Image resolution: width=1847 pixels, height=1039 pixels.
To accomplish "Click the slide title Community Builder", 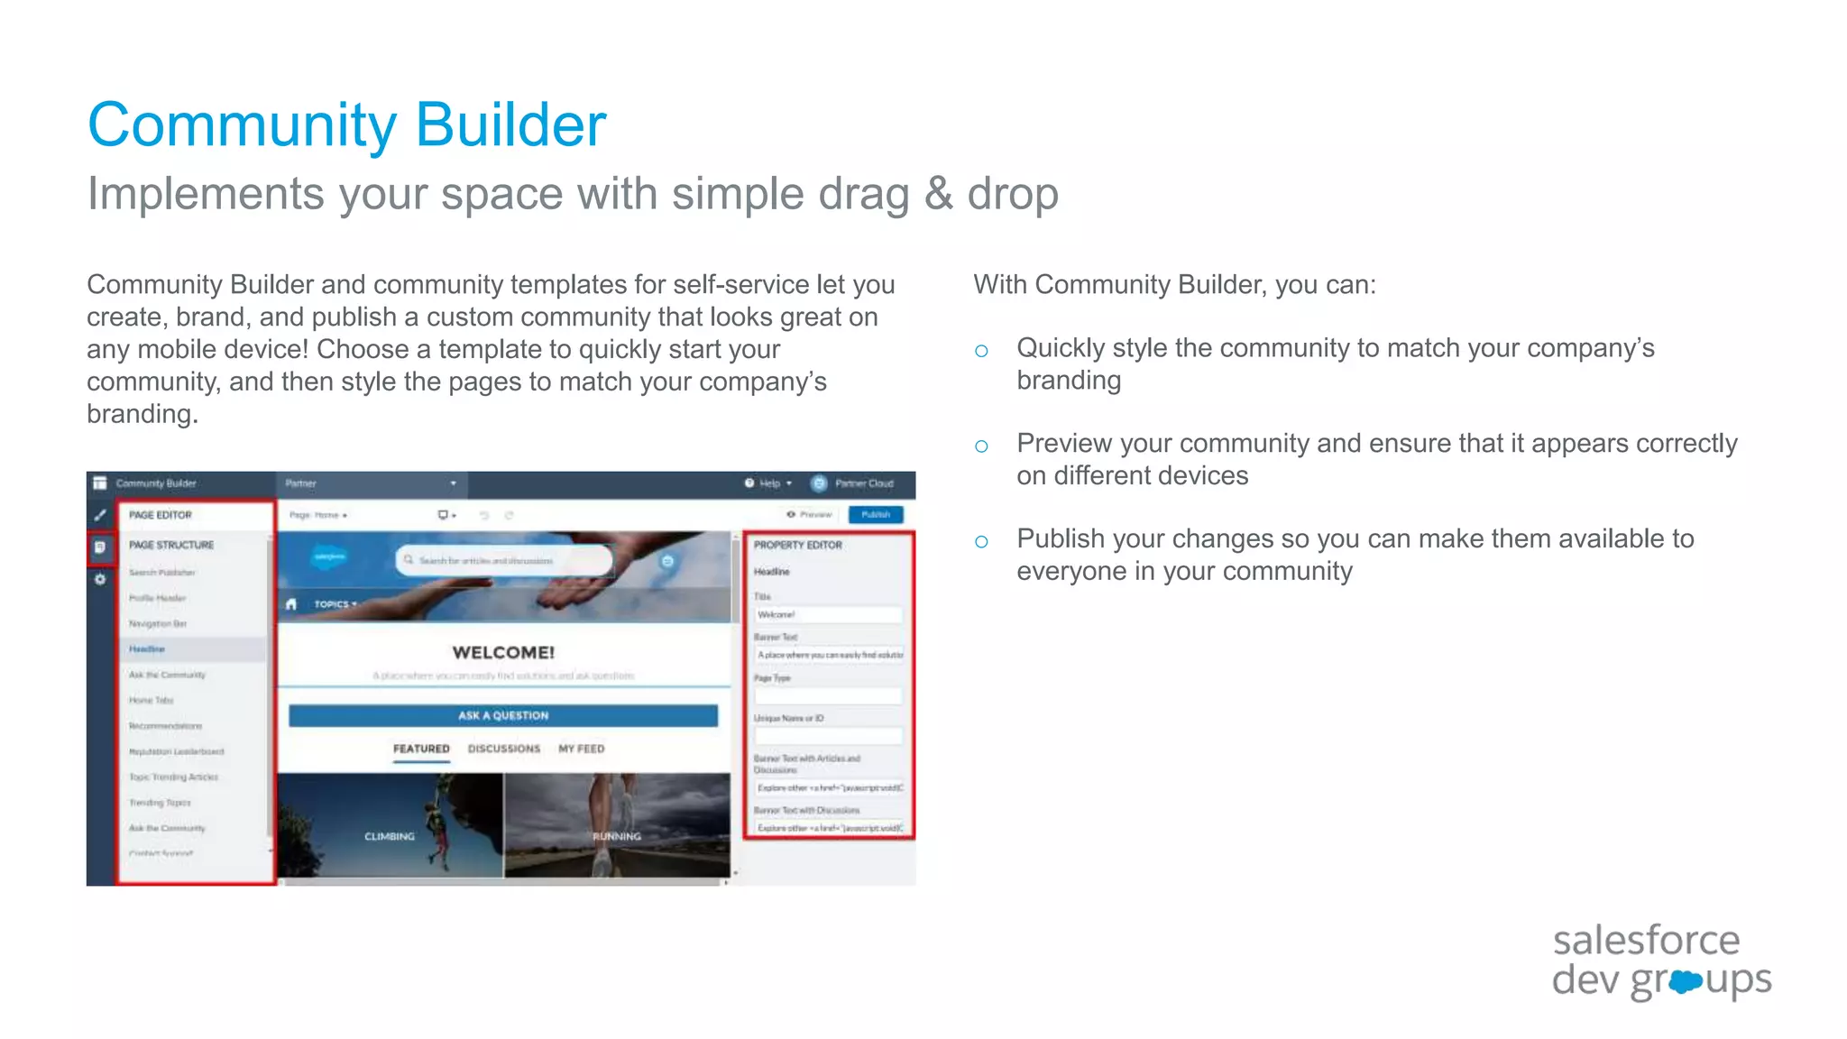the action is pos(346,124).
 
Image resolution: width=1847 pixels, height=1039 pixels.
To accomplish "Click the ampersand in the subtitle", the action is pos(938,194).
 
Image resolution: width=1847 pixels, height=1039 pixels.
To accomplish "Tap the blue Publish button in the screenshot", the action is pos(875,514).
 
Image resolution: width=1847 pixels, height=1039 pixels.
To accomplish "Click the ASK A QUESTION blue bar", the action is pos(503,715).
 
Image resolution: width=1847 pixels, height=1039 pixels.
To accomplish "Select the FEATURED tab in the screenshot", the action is pos(420,749).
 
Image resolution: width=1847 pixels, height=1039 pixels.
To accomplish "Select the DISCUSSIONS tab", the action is pos(503,749).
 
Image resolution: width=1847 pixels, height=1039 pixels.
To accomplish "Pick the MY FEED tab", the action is pos(581,749).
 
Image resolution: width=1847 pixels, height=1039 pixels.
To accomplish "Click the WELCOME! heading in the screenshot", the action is pos(503,652).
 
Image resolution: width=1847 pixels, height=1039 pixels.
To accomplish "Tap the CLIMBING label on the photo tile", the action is pos(389,836).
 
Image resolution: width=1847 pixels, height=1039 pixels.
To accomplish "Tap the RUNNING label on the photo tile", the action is pos(617,836).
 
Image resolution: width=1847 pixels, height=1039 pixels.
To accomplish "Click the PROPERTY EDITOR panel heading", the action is pos(797,545).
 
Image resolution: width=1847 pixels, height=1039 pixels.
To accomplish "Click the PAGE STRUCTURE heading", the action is pos(170,545).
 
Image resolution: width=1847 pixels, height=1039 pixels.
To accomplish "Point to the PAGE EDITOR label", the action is pos(160,515).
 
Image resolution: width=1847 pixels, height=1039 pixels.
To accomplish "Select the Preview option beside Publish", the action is pos(810,514).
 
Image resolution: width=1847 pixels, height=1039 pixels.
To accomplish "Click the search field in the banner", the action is pos(503,560).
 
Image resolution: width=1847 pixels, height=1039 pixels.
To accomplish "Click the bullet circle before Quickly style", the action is pos(981,351).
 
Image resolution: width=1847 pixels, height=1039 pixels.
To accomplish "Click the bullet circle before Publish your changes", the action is pos(981,541).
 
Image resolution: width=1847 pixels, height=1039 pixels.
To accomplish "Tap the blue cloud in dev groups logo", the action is pos(1685,981).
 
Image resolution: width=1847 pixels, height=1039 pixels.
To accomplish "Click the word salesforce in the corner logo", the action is pos(1646,941).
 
